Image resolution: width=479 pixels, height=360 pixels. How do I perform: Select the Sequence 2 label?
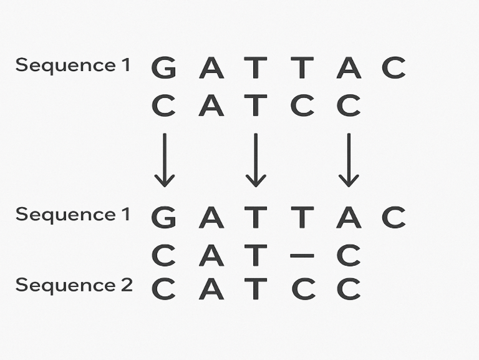74,285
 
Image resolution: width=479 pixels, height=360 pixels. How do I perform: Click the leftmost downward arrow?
165,160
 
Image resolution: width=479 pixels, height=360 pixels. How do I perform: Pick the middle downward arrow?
255,160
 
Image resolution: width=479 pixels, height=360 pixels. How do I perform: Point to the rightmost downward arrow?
349,160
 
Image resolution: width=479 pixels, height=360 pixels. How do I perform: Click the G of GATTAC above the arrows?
164,68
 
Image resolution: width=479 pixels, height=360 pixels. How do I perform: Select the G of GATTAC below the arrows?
164,217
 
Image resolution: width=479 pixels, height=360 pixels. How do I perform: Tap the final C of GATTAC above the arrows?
394,68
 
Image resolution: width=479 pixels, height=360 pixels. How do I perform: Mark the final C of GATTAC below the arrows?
394,217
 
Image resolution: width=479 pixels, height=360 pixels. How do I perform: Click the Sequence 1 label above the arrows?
72,65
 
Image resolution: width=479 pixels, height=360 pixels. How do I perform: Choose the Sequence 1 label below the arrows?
72,215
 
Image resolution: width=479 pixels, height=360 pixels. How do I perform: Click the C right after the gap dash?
349,255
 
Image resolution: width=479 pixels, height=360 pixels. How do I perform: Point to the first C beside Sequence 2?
164,289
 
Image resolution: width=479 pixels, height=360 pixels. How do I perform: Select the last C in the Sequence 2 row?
349,289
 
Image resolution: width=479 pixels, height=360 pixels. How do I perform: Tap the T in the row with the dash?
255,255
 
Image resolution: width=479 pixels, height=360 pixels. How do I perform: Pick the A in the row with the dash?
211,255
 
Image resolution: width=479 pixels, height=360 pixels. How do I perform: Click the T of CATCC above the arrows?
255,106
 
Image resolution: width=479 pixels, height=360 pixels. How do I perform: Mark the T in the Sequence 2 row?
255,289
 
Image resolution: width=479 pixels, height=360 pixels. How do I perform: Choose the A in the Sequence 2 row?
211,289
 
